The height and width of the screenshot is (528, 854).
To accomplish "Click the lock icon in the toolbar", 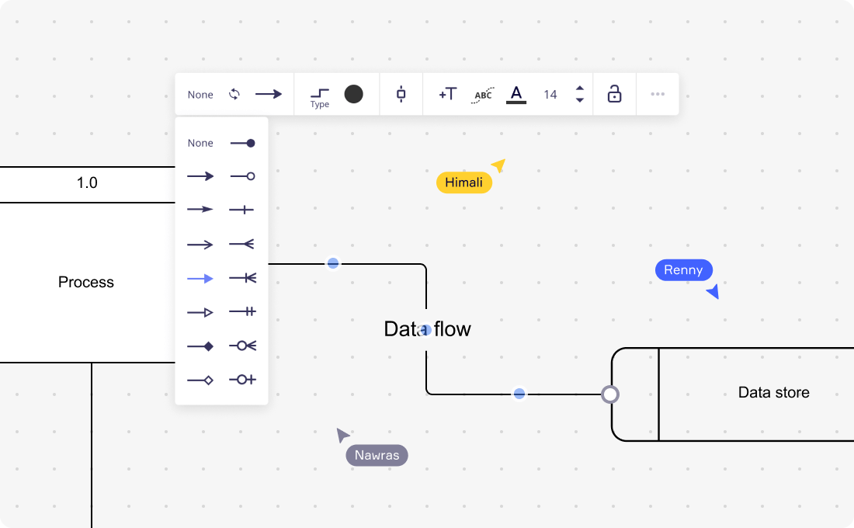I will click(614, 95).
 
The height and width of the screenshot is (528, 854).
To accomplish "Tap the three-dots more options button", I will click(658, 95).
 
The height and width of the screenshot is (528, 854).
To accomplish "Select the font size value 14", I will click(550, 95).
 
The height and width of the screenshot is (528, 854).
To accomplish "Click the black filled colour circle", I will click(353, 94).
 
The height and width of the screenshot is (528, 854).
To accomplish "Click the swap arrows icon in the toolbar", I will click(234, 94).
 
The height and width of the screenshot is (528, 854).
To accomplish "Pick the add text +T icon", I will click(448, 95).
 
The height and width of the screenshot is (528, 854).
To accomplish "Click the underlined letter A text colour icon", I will click(516, 95).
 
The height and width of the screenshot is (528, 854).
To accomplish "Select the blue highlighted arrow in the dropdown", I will click(200, 278).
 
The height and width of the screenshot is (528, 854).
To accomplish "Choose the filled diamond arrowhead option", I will click(200, 346).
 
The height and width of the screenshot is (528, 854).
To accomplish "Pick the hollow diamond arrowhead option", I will click(200, 380).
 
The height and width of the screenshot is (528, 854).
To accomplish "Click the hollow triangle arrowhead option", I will click(200, 312).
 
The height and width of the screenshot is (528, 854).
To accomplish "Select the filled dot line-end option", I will click(243, 143).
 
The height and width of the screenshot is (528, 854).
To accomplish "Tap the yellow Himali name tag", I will click(464, 182).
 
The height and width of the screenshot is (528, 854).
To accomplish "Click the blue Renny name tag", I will click(683, 270).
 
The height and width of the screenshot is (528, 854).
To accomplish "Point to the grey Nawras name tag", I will click(377, 455).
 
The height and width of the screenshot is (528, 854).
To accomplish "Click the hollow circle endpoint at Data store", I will click(610, 394).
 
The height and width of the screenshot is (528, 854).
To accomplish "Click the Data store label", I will click(773, 393).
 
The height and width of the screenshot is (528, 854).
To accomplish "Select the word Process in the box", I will click(86, 283).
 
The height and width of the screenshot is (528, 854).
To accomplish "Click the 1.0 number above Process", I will click(87, 183).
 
